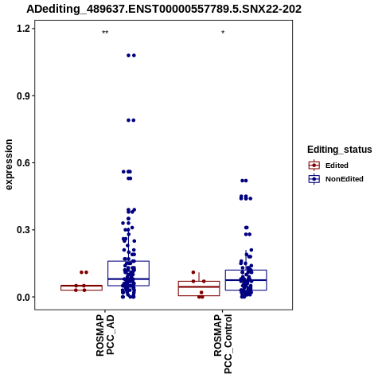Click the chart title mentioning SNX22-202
point(164,10)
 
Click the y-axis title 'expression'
point(9,165)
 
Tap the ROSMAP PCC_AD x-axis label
point(105,335)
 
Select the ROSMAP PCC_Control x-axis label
point(223,344)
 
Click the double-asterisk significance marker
point(105,33)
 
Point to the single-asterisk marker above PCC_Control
point(223,33)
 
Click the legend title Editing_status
point(340,150)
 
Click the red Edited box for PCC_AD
point(81,287)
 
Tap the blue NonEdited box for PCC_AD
point(128,274)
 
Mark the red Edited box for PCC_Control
point(199,288)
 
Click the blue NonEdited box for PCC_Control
point(246,280)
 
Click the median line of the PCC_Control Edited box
point(199,286)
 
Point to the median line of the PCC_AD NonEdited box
point(128,279)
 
